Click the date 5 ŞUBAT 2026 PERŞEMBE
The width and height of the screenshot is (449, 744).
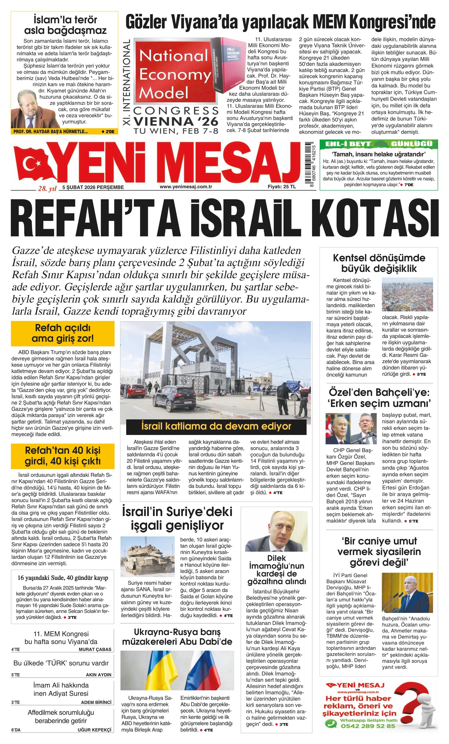click(x=93, y=187)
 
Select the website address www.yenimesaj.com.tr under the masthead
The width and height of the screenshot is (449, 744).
click(x=186, y=187)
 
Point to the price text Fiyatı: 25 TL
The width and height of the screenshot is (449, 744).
click(x=282, y=187)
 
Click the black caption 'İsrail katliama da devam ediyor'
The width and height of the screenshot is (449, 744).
click(x=216, y=426)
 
